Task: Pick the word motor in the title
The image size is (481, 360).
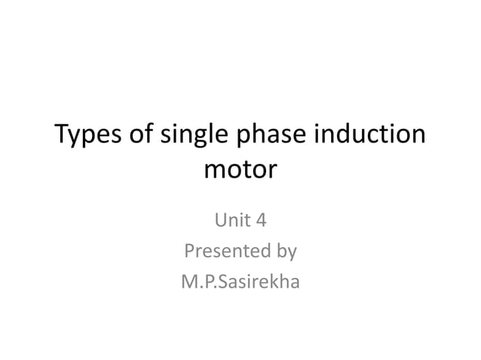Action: pos(240,170)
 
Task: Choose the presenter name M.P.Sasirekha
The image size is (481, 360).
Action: pos(240,282)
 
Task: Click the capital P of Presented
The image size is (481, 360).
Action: pos(189,251)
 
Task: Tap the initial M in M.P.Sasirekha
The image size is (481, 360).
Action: pos(189,282)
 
